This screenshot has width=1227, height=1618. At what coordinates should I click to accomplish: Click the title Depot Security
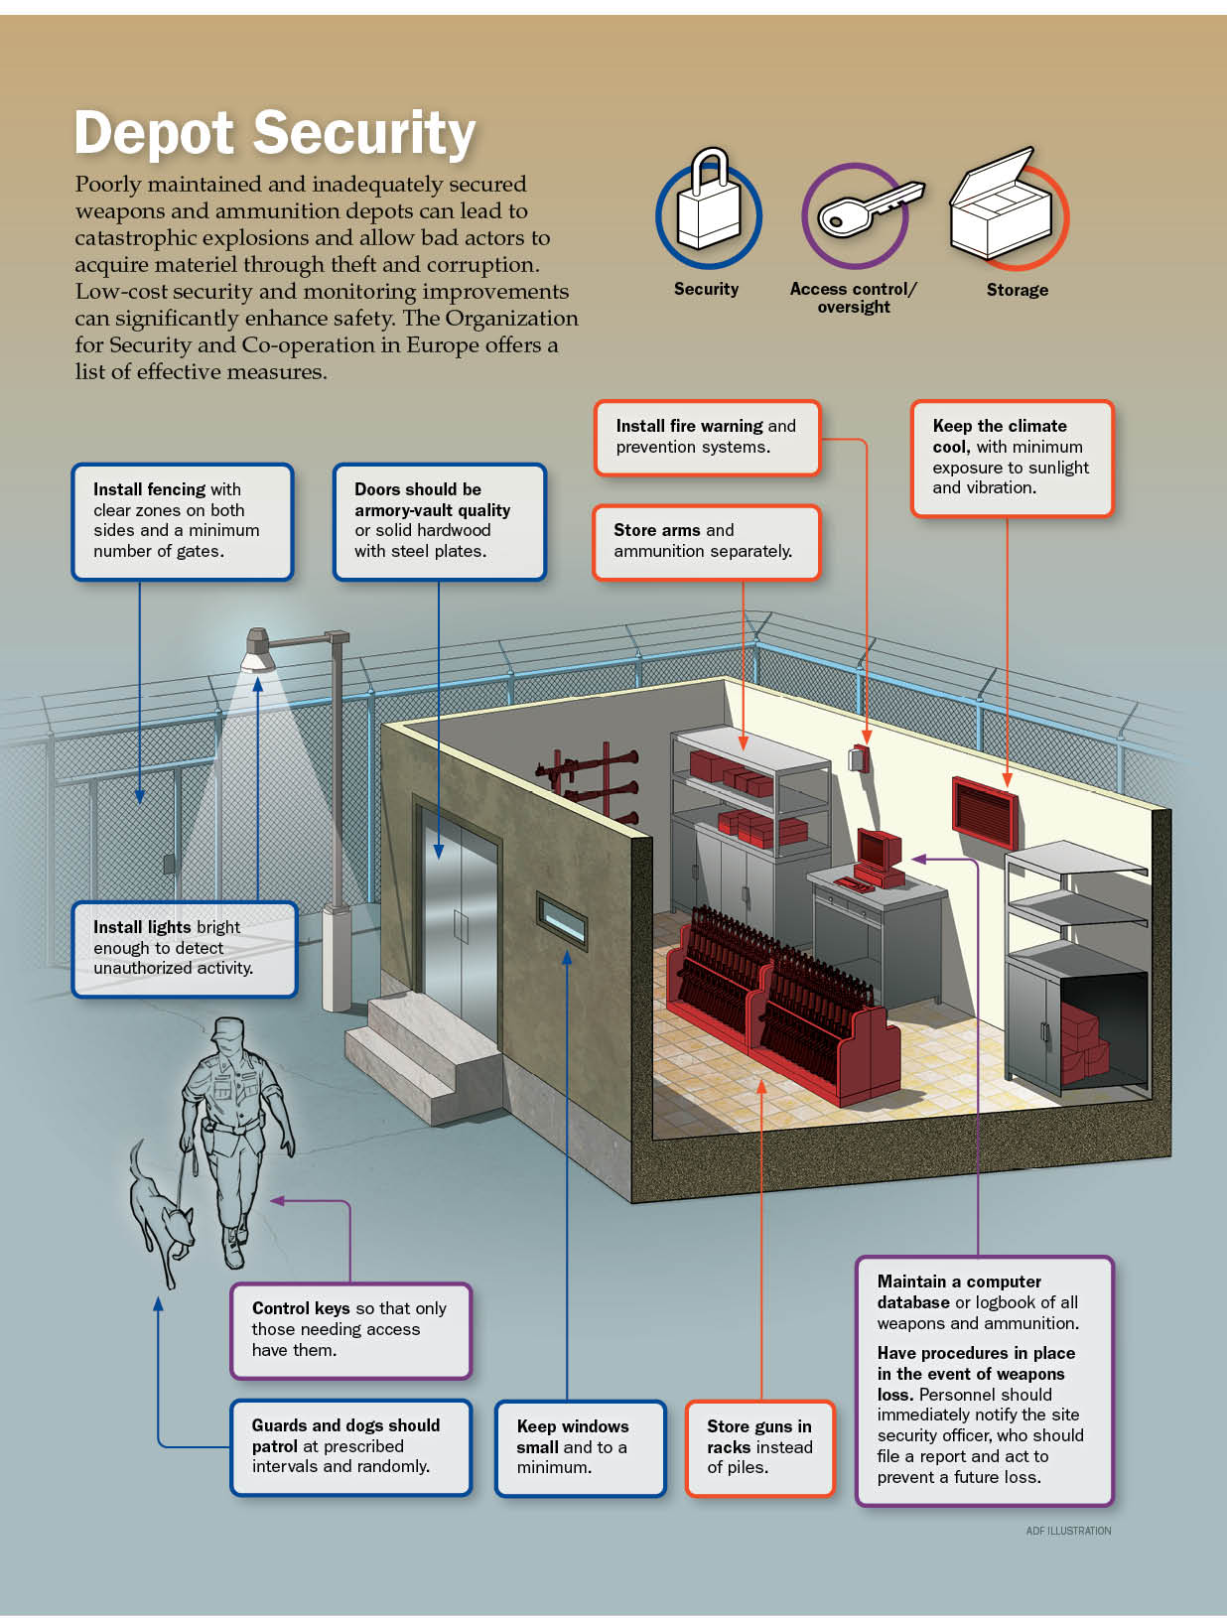click(x=275, y=133)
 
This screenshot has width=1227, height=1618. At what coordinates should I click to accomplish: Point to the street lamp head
click(x=259, y=649)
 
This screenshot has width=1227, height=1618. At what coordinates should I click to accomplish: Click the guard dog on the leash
click(x=160, y=1212)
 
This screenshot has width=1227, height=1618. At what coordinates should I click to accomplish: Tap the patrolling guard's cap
click(x=227, y=1029)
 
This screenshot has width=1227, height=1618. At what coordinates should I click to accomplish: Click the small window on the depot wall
click(x=562, y=918)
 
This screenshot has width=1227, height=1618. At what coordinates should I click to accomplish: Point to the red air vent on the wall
click(x=985, y=812)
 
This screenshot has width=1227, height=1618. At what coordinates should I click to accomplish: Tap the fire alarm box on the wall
click(x=859, y=758)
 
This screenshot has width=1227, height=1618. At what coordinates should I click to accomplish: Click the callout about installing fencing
click(x=183, y=521)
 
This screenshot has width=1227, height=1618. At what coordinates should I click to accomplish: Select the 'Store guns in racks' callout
click(x=759, y=1447)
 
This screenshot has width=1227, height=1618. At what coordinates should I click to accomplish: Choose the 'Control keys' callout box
click(x=350, y=1330)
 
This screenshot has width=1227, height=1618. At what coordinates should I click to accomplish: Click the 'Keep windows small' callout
click(x=580, y=1447)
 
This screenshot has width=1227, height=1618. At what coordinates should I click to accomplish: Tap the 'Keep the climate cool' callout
click(x=1012, y=458)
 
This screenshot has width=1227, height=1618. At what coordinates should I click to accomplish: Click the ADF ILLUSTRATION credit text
click(x=1068, y=1531)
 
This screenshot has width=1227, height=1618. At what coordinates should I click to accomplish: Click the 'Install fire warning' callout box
click(x=707, y=437)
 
